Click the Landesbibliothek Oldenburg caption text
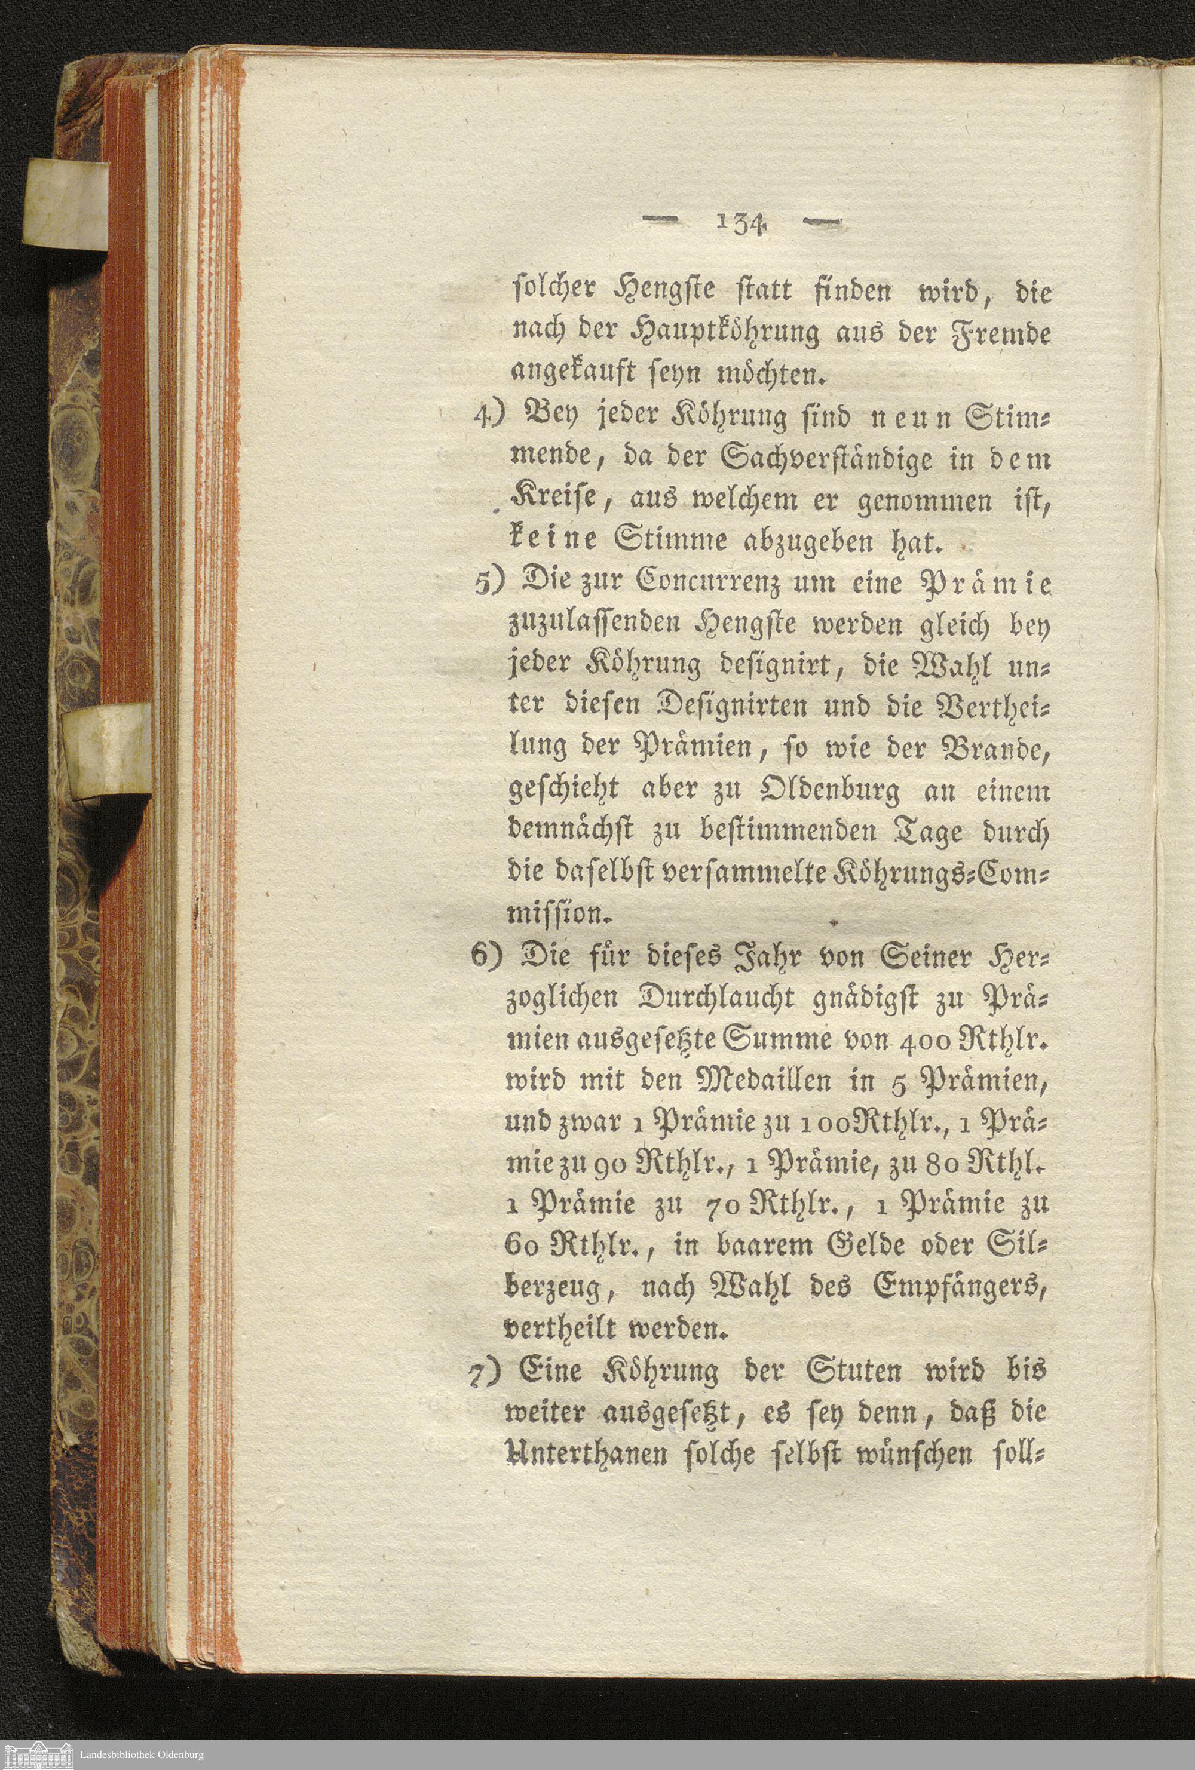[142, 1755]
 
